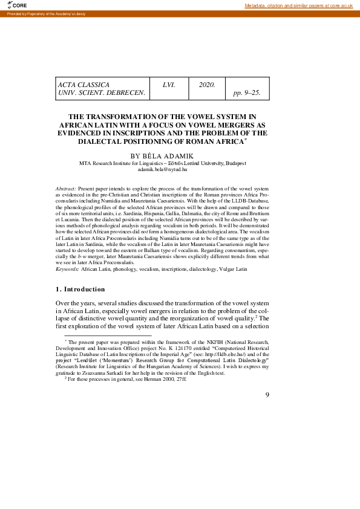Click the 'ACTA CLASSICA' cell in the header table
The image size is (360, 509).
click(x=83, y=85)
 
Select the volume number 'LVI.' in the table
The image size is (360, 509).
click(x=169, y=85)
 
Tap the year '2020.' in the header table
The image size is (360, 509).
click(x=207, y=85)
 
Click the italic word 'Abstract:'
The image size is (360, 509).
click(x=65, y=189)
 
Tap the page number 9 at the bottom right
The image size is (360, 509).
click(x=267, y=395)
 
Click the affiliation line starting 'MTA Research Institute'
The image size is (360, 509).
click(x=163, y=163)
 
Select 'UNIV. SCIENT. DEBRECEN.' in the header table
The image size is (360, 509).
click(x=101, y=93)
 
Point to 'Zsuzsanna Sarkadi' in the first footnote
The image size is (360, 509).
click(x=122, y=373)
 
